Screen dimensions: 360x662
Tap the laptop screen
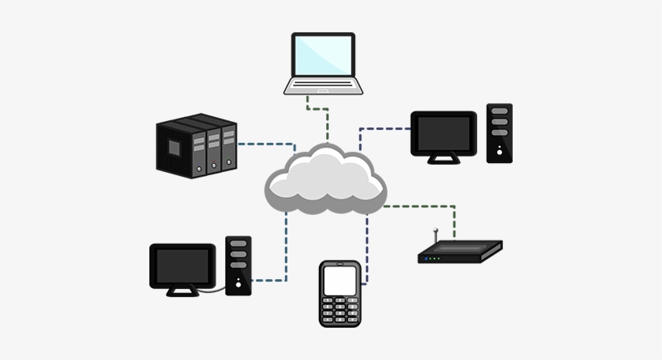point(323,56)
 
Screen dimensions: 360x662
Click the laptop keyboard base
point(323,86)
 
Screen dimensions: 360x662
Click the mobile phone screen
point(339,280)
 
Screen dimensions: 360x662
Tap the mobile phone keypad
point(339,311)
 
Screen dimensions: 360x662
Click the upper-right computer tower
point(500,133)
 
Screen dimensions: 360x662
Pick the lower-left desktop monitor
point(182,266)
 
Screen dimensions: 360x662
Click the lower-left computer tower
point(238,266)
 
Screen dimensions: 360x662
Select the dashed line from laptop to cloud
point(326,121)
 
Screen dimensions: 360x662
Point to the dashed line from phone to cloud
point(367,250)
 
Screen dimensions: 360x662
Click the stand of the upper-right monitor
point(443,160)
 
